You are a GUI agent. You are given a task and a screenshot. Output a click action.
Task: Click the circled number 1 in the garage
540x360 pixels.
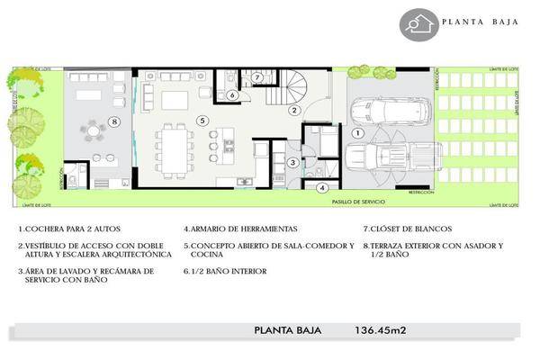[356, 132]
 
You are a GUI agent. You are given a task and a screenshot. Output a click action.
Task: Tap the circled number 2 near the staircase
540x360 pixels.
[293, 110]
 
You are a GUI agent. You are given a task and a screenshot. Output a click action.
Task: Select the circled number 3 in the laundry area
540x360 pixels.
[292, 162]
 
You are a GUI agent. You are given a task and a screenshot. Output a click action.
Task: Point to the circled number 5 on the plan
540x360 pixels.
[202, 120]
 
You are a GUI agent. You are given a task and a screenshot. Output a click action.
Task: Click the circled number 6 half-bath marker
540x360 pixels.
[231, 94]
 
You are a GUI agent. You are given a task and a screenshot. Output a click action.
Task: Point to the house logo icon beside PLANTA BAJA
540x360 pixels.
[416, 24]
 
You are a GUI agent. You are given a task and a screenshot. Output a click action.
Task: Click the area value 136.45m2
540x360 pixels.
[375, 330]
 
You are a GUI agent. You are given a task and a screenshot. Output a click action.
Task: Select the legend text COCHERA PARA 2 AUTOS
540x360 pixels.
[63, 229]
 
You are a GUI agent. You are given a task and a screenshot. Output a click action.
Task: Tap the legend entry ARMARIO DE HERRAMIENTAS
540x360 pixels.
[239, 229]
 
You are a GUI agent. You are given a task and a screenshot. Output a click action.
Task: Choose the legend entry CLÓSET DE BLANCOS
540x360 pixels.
[409, 229]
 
